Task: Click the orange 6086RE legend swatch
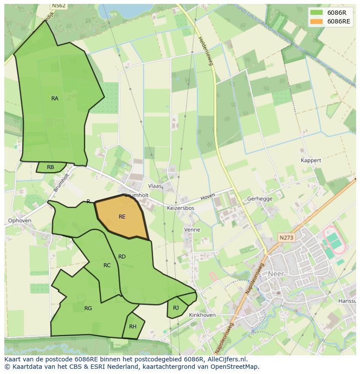pyautogui.click(x=317, y=22)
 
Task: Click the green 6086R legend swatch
pyautogui.click(x=317, y=13)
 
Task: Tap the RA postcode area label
pyautogui.click(x=55, y=99)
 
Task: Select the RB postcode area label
pyautogui.click(x=50, y=167)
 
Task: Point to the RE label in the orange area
pyautogui.click(x=122, y=216)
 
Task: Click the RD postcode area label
pyautogui.click(x=122, y=257)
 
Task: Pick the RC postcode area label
pyautogui.click(x=107, y=265)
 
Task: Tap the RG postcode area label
pyautogui.click(x=88, y=308)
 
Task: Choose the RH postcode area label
pyautogui.click(x=133, y=327)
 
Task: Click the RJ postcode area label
pyautogui.click(x=176, y=308)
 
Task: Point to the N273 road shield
pyautogui.click(x=286, y=238)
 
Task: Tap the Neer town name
pyautogui.click(x=276, y=274)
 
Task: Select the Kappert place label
pyautogui.click(x=311, y=160)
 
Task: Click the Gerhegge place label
pyautogui.click(x=260, y=199)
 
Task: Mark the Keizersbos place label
pyautogui.click(x=180, y=208)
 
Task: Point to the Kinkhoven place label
pyautogui.click(x=203, y=315)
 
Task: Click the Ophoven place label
pyautogui.click(x=20, y=221)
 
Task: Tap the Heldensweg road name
pyautogui.click(x=205, y=51)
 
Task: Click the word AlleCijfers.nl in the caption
pyautogui.click(x=226, y=360)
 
